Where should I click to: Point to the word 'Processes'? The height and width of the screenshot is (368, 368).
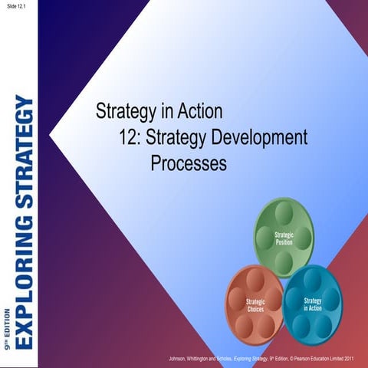point(189,163)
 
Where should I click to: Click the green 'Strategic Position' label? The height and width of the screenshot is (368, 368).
point(284,237)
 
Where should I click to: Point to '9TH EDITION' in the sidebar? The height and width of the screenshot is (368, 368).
point(7,321)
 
